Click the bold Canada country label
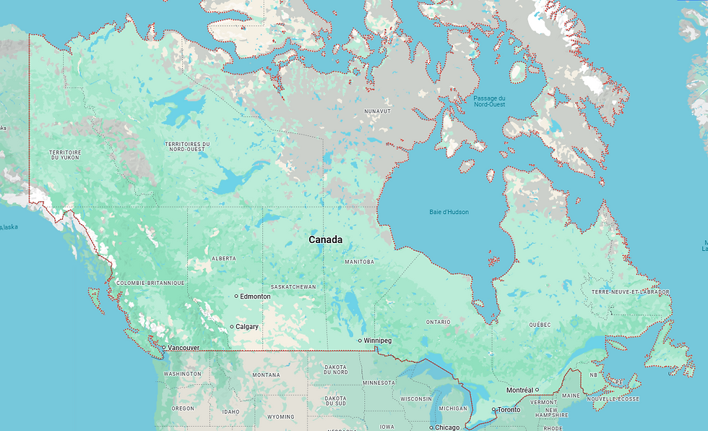coord(325,239)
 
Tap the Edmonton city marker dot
coord(236,296)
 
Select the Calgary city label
coord(247,327)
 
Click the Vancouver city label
coord(184,348)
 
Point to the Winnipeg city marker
coord(360,341)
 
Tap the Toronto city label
coord(509,410)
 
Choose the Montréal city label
coord(519,390)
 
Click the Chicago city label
coord(446,427)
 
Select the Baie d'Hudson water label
coord(449,212)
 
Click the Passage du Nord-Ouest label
coord(489,101)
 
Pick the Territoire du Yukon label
coord(65,155)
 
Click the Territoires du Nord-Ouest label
coord(187,147)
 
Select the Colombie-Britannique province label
coord(150,283)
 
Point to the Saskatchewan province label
coord(293,287)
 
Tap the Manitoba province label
coord(359,262)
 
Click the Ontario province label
coord(438,321)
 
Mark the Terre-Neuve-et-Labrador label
coord(630,292)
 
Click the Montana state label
coord(266,375)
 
